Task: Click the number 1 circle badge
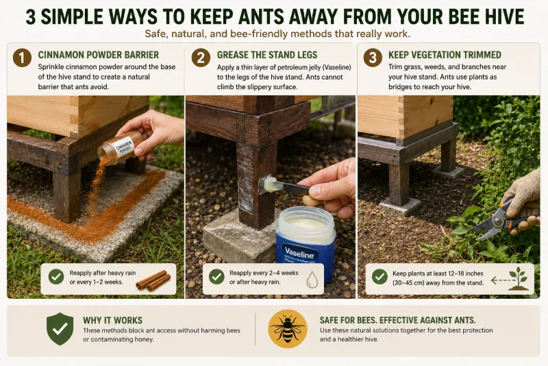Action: point(22,58)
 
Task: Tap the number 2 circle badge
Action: point(201,58)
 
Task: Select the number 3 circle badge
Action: point(373,58)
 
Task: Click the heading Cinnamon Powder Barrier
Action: point(98,55)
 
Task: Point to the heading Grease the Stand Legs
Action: point(267,55)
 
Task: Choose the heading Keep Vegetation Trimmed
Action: point(445,55)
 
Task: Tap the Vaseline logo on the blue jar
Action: point(299,252)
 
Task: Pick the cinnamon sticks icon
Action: point(153,281)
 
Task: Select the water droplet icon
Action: point(312,280)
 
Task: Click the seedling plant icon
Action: point(518,278)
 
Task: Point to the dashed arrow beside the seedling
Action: point(499,280)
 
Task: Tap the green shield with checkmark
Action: point(60,329)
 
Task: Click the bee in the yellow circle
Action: point(288,329)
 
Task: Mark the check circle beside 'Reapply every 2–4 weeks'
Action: point(216,277)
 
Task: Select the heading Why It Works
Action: point(112,320)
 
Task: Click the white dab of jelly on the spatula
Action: point(272,184)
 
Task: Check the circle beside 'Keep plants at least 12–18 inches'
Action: point(379,277)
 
